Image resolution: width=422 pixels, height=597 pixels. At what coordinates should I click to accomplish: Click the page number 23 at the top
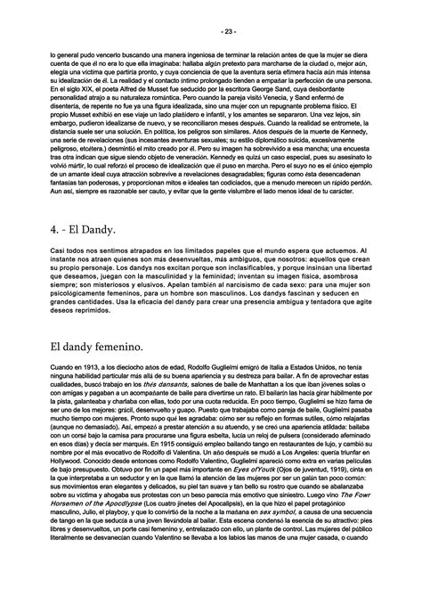211,32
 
